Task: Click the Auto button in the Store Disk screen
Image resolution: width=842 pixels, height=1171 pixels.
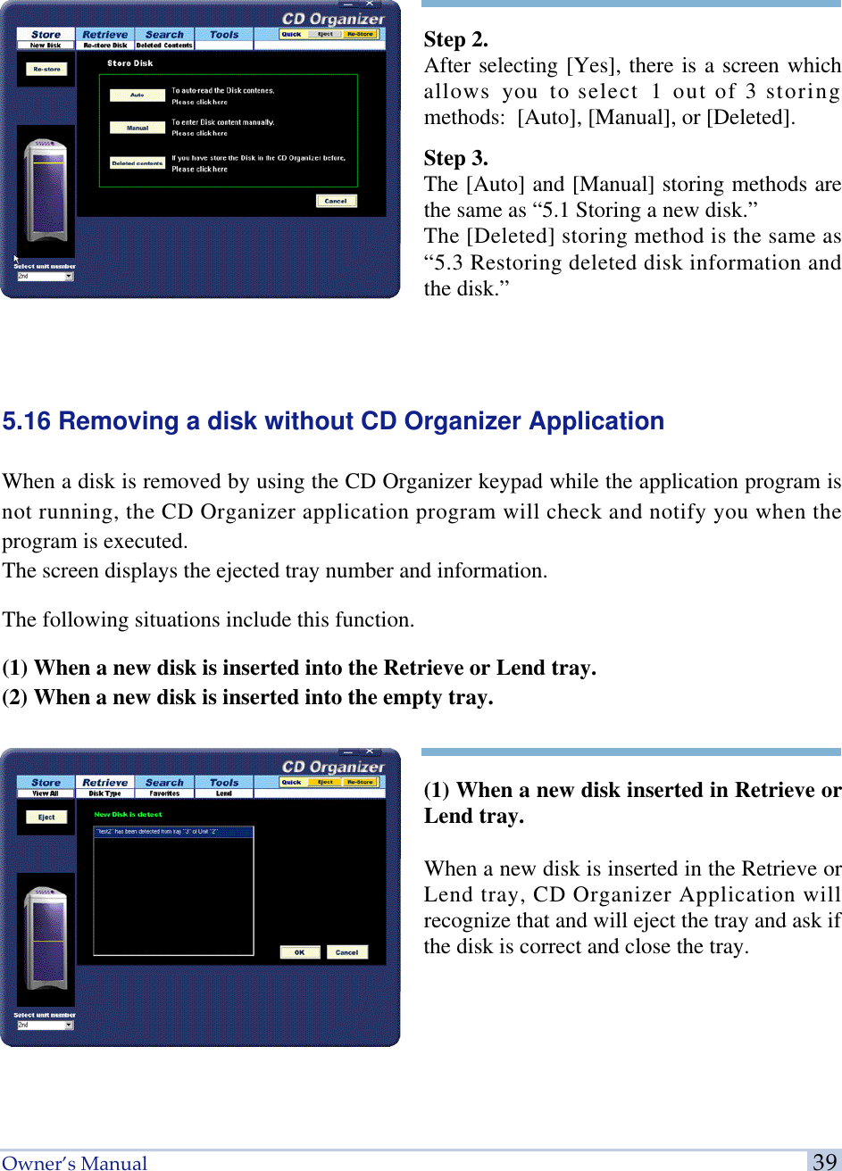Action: click(x=137, y=95)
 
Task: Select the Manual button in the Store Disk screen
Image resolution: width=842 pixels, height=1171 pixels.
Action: click(x=137, y=128)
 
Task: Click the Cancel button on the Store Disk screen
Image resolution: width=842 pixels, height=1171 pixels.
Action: click(x=336, y=201)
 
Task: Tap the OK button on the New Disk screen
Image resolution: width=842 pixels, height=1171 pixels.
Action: click(x=300, y=952)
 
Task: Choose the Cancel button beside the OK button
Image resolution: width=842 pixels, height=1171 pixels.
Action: click(x=346, y=952)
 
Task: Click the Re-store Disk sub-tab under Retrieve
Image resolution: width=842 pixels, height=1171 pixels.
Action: click(x=105, y=46)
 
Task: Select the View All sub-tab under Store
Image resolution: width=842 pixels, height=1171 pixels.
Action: click(x=46, y=793)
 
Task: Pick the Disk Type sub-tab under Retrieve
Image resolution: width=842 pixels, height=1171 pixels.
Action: click(x=105, y=793)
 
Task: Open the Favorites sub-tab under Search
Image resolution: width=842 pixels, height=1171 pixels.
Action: click(x=164, y=793)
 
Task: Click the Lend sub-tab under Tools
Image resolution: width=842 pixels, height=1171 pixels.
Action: click(x=223, y=793)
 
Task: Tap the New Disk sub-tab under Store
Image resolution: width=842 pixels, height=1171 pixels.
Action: click(x=46, y=46)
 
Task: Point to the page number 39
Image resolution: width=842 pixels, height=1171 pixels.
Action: click(x=825, y=1161)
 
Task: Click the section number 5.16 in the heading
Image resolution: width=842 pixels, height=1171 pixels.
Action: click(x=27, y=421)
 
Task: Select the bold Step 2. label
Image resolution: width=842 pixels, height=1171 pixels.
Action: click(x=455, y=39)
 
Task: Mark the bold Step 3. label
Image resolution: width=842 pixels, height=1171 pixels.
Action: click(x=455, y=158)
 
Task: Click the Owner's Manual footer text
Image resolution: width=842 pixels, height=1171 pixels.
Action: click(x=75, y=1162)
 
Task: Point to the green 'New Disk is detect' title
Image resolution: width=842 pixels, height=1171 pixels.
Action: click(x=129, y=814)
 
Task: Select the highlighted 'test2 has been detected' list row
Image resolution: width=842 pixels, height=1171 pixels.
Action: click(x=173, y=832)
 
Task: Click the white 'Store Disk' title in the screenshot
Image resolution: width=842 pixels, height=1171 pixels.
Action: click(x=129, y=63)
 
